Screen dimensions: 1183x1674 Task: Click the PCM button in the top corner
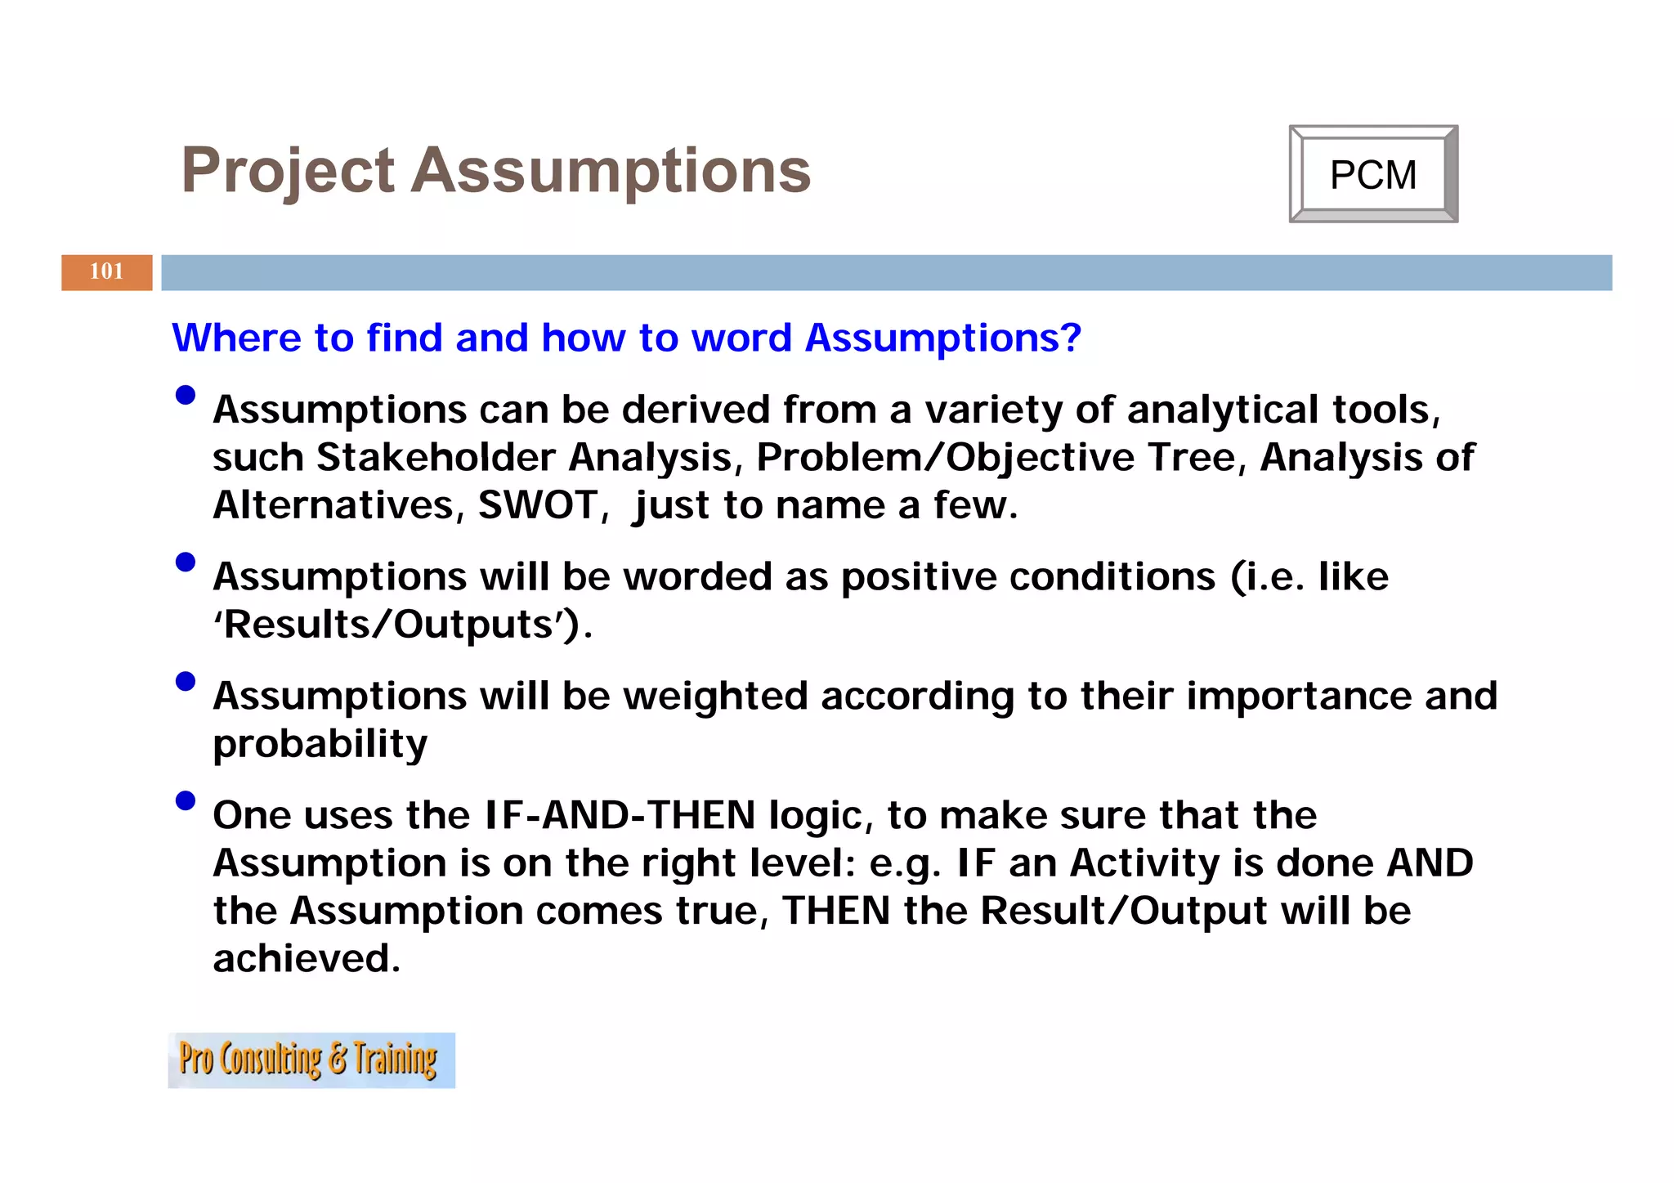click(1372, 174)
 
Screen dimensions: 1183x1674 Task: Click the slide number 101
click(106, 271)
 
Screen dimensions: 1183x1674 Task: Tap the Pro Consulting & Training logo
click(311, 1060)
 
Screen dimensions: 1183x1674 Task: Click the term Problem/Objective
click(944, 457)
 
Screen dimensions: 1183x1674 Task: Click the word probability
click(320, 744)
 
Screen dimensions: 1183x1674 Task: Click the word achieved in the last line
click(306, 958)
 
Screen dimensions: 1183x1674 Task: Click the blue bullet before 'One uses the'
click(186, 800)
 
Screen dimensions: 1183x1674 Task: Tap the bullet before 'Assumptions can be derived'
click(186, 396)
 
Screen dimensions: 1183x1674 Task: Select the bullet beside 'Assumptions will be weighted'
click(186, 681)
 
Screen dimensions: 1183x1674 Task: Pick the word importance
click(1299, 697)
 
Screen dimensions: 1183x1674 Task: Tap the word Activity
click(1144, 863)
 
